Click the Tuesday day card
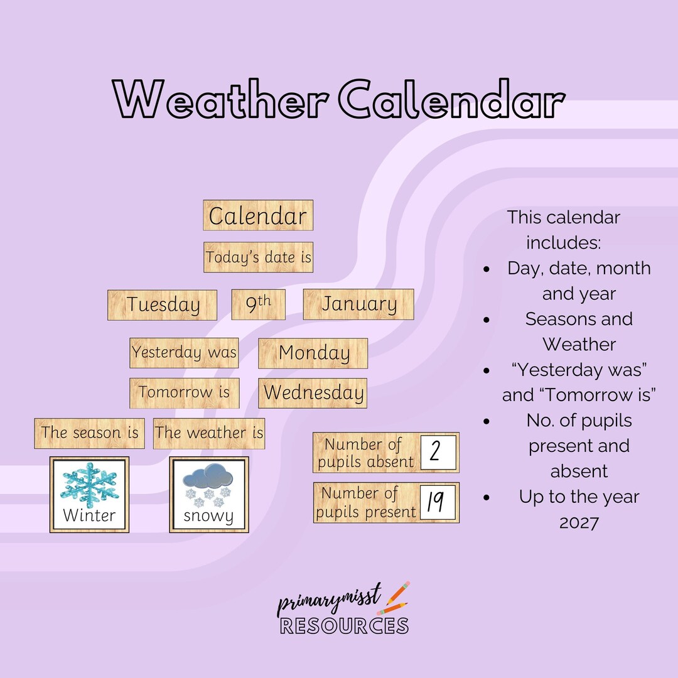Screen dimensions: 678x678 click(163, 304)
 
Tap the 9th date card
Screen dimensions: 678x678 click(258, 304)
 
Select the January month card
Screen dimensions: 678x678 click(358, 304)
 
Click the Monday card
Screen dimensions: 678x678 click(313, 353)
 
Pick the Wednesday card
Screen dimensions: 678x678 click(313, 393)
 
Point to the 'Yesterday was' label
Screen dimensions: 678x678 click(185, 352)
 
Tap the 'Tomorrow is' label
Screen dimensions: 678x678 click(185, 392)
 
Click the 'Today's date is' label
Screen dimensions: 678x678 click(258, 257)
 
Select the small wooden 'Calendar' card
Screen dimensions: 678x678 click(258, 216)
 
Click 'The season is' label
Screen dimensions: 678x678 click(89, 433)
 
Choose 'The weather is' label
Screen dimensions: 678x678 click(209, 433)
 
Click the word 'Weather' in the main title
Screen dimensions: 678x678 click(220, 100)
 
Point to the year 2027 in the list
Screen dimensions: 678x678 click(579, 522)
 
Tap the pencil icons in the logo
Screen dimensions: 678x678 click(396, 598)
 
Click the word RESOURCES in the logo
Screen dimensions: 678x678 click(344, 626)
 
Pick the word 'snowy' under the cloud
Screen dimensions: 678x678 click(208, 517)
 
